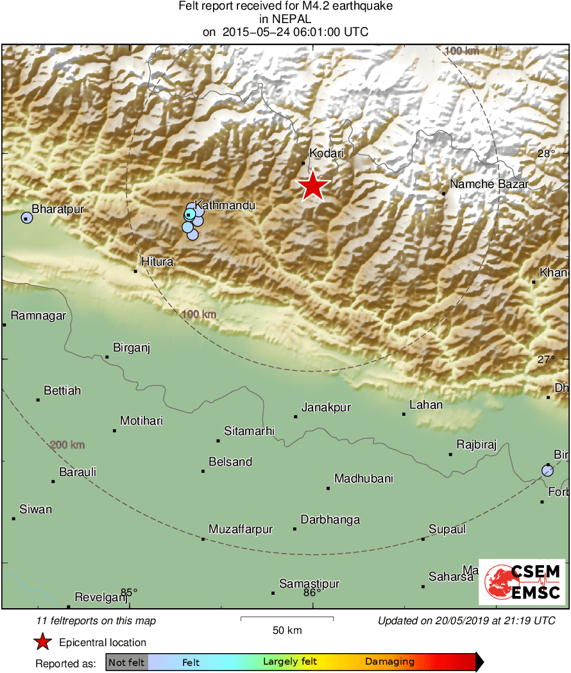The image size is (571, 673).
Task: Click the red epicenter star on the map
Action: [312, 186]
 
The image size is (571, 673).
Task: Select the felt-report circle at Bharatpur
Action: [26, 217]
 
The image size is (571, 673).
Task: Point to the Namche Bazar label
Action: [489, 185]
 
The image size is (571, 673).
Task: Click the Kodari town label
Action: [327, 154]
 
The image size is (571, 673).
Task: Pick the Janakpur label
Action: [326, 407]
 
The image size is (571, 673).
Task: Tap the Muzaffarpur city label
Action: [241, 530]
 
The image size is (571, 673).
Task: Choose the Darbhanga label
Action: [330, 520]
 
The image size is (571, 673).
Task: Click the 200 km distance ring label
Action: [67, 445]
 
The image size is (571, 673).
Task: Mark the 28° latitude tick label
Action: [546, 154]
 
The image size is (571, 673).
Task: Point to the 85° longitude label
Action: [129, 592]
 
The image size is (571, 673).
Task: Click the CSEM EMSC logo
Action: [522, 582]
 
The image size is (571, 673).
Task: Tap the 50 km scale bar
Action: [287, 618]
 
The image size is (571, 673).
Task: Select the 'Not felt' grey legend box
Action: [126, 662]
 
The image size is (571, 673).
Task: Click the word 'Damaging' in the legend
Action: [389, 662]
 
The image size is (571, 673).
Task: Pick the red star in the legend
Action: [43, 642]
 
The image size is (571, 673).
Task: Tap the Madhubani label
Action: [364, 479]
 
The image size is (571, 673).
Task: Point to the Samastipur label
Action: [309, 584]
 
